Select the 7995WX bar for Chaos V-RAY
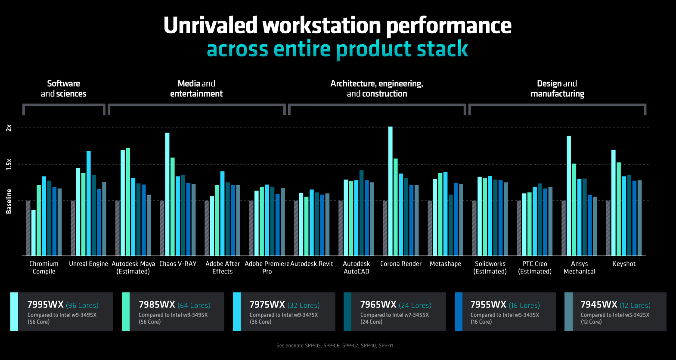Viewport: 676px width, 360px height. click(x=167, y=194)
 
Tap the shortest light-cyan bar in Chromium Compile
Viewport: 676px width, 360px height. click(x=34, y=233)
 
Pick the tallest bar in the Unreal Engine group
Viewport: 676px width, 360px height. click(x=89, y=203)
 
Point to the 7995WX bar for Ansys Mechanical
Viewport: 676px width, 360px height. click(x=569, y=196)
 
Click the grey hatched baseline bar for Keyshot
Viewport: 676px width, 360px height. click(x=608, y=228)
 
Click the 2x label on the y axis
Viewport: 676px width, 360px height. click(x=9, y=128)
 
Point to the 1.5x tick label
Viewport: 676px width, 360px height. click(x=9, y=164)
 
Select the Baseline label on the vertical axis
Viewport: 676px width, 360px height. click(x=9, y=201)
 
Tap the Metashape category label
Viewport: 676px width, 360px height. click(x=445, y=264)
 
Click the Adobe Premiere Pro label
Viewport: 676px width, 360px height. click(x=267, y=267)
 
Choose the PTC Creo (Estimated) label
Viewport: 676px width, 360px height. click(x=535, y=267)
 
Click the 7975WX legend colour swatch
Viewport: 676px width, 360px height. click(x=237, y=312)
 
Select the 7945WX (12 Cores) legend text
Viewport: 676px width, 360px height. click(x=615, y=305)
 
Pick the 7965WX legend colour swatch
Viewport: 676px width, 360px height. click(x=347, y=312)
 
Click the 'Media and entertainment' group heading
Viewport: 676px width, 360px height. click(x=196, y=88)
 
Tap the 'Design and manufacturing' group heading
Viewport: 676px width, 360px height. click(x=557, y=88)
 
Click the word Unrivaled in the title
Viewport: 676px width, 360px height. click(x=210, y=25)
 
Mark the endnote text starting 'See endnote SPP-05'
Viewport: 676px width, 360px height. click(x=335, y=345)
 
